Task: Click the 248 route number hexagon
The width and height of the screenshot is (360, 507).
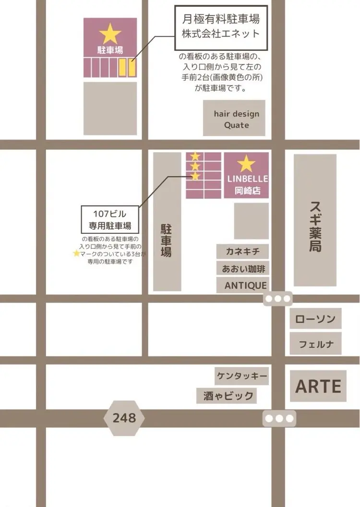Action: point(124,418)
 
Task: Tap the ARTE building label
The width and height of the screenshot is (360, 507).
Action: point(318,386)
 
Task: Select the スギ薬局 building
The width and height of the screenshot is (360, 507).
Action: point(315,220)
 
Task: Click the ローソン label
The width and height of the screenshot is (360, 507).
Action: point(315,319)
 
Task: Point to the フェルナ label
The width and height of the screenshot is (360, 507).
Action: point(315,344)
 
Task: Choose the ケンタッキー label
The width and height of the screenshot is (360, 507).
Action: point(241,376)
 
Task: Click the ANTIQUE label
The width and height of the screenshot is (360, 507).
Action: point(245,285)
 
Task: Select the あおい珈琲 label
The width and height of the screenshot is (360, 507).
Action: point(243,268)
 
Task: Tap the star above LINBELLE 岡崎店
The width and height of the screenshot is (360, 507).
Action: point(246,164)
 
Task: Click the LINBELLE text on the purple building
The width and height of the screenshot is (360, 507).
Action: point(247,179)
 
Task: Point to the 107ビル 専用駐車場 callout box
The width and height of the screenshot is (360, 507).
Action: point(110,220)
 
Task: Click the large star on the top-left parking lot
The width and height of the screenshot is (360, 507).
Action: point(110,34)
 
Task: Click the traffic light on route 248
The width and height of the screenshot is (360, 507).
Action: point(279,418)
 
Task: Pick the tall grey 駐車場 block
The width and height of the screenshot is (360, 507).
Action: point(167,222)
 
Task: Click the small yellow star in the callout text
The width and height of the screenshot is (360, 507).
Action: point(76,253)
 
